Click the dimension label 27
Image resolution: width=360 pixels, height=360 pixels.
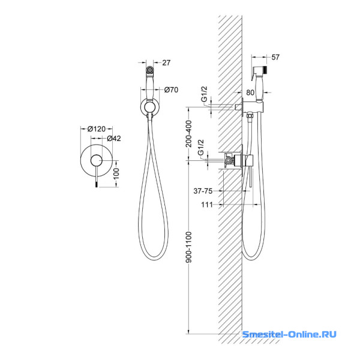(166, 62)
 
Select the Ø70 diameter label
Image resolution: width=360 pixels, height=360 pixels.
(171, 90)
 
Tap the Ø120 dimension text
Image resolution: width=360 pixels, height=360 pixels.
(97, 129)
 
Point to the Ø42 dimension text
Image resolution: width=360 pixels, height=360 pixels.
(114, 139)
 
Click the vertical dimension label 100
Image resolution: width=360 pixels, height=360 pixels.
(116, 173)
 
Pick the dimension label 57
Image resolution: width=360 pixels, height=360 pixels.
(275, 57)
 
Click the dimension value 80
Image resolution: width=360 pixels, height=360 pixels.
(250, 92)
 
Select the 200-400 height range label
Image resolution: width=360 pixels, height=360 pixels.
(189, 134)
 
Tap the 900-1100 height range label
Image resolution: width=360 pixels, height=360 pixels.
(189, 247)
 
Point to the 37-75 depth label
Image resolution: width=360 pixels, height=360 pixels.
(203, 191)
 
